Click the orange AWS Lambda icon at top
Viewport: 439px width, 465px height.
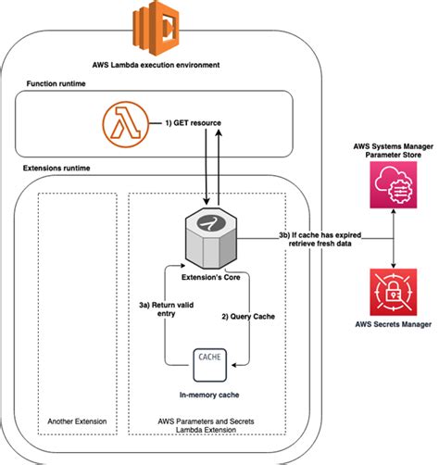157,28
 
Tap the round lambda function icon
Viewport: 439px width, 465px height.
126,124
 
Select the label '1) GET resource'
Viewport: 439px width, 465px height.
194,123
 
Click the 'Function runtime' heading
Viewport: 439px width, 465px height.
56,83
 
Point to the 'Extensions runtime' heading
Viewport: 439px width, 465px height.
56,168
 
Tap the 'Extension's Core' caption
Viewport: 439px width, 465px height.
211,277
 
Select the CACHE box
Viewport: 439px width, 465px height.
210,365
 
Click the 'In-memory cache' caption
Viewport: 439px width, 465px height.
209,395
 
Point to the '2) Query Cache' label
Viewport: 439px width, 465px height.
248,317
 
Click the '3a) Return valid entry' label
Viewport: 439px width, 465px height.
167,309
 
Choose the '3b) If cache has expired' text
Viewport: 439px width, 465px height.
320,235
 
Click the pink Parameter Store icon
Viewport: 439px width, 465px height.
394,184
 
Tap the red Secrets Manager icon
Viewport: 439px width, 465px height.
394,292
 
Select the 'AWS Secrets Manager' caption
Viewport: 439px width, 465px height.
394,324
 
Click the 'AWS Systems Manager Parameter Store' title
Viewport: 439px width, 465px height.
394,150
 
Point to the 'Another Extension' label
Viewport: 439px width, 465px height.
77,421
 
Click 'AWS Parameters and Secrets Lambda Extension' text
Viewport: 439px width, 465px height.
206,425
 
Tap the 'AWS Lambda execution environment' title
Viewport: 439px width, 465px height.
157,65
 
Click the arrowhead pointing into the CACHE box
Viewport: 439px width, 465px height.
234,365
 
